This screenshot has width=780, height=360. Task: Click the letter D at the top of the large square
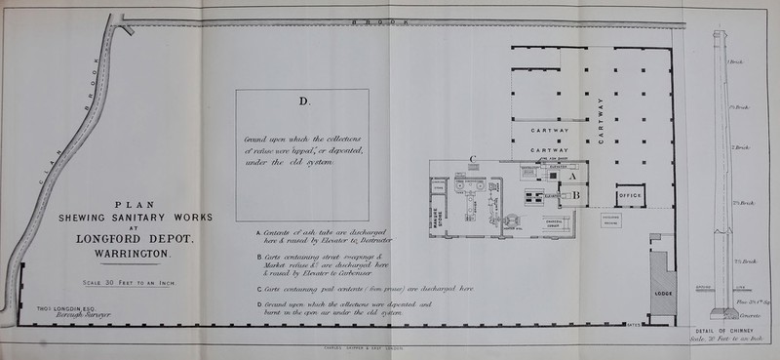301,100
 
